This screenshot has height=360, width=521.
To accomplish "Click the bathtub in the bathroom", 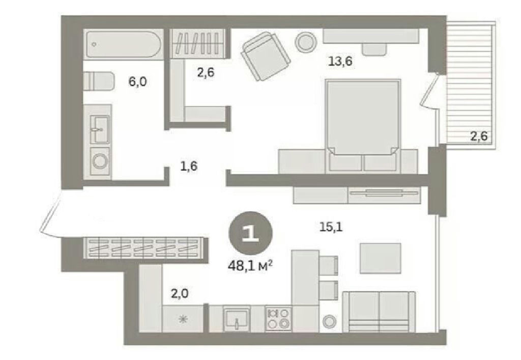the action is click(124, 45).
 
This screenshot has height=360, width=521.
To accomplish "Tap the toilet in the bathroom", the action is click(99, 81).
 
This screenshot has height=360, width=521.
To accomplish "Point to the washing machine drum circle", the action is click(100, 161).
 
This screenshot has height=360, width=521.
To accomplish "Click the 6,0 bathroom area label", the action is click(137, 81).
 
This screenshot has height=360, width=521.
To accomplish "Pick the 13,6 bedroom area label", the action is click(340, 61).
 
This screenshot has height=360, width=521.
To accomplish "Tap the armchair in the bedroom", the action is click(266, 56).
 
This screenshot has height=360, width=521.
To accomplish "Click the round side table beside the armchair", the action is click(305, 42).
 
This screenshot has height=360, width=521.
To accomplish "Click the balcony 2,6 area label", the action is click(479, 136).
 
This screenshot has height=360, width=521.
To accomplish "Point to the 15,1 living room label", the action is click(331, 228).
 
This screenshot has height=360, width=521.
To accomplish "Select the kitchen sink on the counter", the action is click(236, 318).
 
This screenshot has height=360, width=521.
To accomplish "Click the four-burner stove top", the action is click(278, 318).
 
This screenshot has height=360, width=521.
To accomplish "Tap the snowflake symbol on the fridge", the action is click(182, 320).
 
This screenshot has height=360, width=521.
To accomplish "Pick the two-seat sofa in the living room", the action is click(379, 312).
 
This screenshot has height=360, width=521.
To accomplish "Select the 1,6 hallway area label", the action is click(188, 165).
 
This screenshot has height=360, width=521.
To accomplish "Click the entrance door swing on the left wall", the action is click(50, 214).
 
